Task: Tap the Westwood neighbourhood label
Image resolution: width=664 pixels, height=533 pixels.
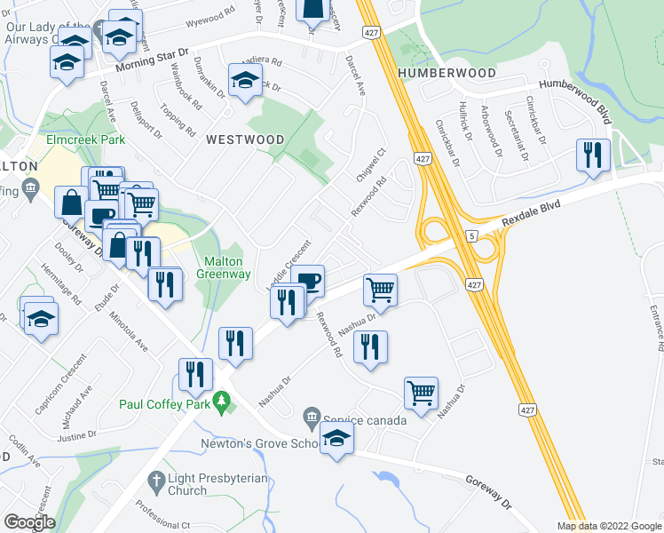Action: pos(246,139)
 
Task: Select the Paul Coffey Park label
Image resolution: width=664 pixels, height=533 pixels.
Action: pos(165,405)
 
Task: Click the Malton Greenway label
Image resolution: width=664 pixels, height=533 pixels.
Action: pos(226,267)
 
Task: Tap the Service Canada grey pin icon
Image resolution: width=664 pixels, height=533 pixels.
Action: pos(311,417)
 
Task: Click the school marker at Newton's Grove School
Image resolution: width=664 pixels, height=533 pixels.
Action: pos(336,438)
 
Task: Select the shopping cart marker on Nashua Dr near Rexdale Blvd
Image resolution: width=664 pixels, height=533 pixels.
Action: pos(380,288)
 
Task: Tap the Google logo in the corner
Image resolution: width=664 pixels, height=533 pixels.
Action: pos(28,521)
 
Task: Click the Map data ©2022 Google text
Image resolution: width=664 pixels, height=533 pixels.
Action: pos(608,526)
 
